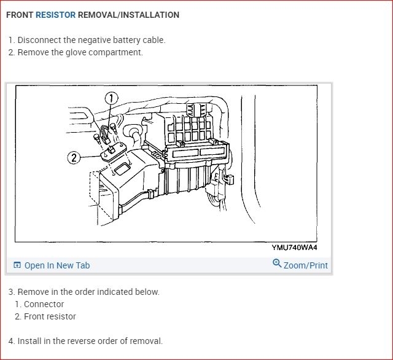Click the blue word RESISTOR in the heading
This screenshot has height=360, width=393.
(x=55, y=15)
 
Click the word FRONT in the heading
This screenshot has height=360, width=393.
(x=20, y=15)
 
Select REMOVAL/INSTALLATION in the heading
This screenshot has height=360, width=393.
(x=128, y=15)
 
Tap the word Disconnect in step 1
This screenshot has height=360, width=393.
(x=39, y=40)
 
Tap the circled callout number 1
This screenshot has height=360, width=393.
(x=111, y=98)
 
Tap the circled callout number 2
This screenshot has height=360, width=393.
(x=74, y=158)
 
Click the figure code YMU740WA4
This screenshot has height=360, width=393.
(x=295, y=248)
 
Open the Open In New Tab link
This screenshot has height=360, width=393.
(x=56, y=265)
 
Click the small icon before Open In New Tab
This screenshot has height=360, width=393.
(x=17, y=265)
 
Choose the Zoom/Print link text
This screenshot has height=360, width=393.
(x=306, y=265)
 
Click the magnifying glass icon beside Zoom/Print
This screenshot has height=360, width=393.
(x=277, y=264)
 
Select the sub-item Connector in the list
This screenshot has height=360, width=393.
(x=44, y=304)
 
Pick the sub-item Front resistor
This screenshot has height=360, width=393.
(x=50, y=316)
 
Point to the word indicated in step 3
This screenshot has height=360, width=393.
(x=106, y=292)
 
